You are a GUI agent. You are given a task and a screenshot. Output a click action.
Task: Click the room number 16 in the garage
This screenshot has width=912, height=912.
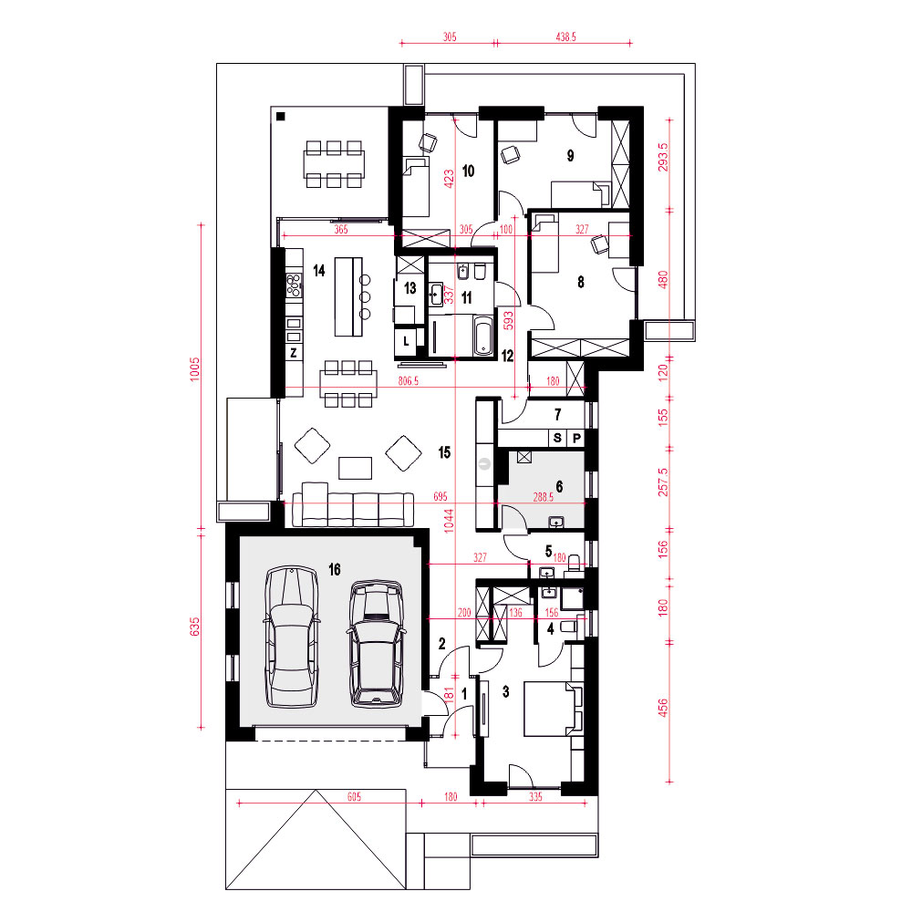pyautogui.click(x=335, y=569)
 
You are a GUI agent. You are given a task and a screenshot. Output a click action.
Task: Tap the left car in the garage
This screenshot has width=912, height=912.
pyautogui.click(x=292, y=637)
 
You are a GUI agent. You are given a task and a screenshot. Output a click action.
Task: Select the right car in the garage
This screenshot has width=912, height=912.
pyautogui.click(x=377, y=643)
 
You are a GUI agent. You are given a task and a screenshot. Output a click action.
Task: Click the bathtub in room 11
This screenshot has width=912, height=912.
pyautogui.click(x=484, y=335)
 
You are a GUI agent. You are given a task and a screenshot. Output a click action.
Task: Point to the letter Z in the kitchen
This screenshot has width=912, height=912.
pyautogui.click(x=294, y=352)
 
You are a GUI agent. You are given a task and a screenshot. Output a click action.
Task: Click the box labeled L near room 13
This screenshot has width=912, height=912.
pyautogui.click(x=407, y=341)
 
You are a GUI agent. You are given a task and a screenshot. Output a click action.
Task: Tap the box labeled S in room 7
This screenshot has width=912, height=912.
pyautogui.click(x=557, y=438)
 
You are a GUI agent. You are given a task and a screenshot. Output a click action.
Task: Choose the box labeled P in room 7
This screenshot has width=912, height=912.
pyautogui.click(x=576, y=438)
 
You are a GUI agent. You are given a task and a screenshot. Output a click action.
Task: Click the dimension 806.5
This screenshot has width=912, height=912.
pyautogui.click(x=409, y=381)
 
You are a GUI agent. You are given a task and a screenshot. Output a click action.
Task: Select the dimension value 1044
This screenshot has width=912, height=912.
pyautogui.click(x=449, y=521)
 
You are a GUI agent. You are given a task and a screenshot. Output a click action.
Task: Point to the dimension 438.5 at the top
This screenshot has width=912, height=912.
pyautogui.click(x=566, y=36)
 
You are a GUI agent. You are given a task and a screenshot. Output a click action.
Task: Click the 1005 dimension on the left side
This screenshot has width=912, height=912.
pyautogui.click(x=194, y=369)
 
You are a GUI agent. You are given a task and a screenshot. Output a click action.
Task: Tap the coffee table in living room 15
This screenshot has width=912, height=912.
pyautogui.click(x=356, y=468)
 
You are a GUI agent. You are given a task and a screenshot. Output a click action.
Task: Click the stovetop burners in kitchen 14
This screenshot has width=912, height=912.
pyautogui.click(x=295, y=285)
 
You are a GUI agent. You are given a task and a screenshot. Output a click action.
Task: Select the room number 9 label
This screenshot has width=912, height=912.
pyautogui.click(x=570, y=155)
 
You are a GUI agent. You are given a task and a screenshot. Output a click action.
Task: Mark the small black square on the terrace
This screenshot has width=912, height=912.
pyautogui.click(x=280, y=117)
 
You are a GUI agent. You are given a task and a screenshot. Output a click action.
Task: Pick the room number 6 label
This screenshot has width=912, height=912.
pyautogui.click(x=559, y=486)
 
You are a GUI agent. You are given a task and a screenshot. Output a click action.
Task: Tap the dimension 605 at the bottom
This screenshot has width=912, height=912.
pyautogui.click(x=354, y=797)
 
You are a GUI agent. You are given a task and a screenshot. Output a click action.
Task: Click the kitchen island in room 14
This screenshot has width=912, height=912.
pyautogui.click(x=348, y=296)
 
